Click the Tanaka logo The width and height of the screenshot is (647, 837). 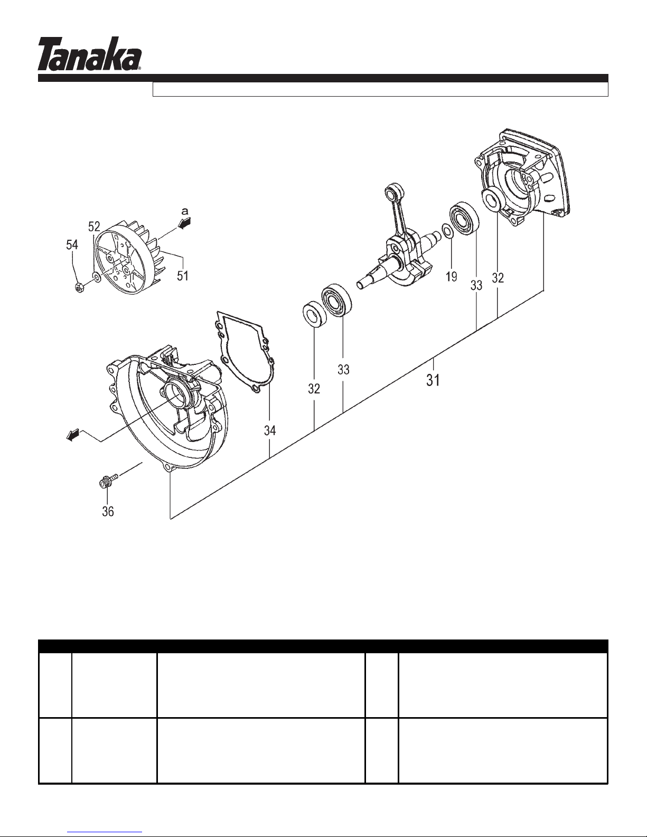[x=89, y=53]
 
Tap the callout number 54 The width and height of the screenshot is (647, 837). [x=72, y=244]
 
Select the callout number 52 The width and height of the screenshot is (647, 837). [x=95, y=226]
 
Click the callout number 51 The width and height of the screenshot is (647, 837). [x=183, y=276]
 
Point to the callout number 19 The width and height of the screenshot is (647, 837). [x=452, y=276]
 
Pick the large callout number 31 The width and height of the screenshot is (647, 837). [x=433, y=381]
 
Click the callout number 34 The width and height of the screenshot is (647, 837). [x=269, y=430]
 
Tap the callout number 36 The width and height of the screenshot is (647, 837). [x=108, y=512]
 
